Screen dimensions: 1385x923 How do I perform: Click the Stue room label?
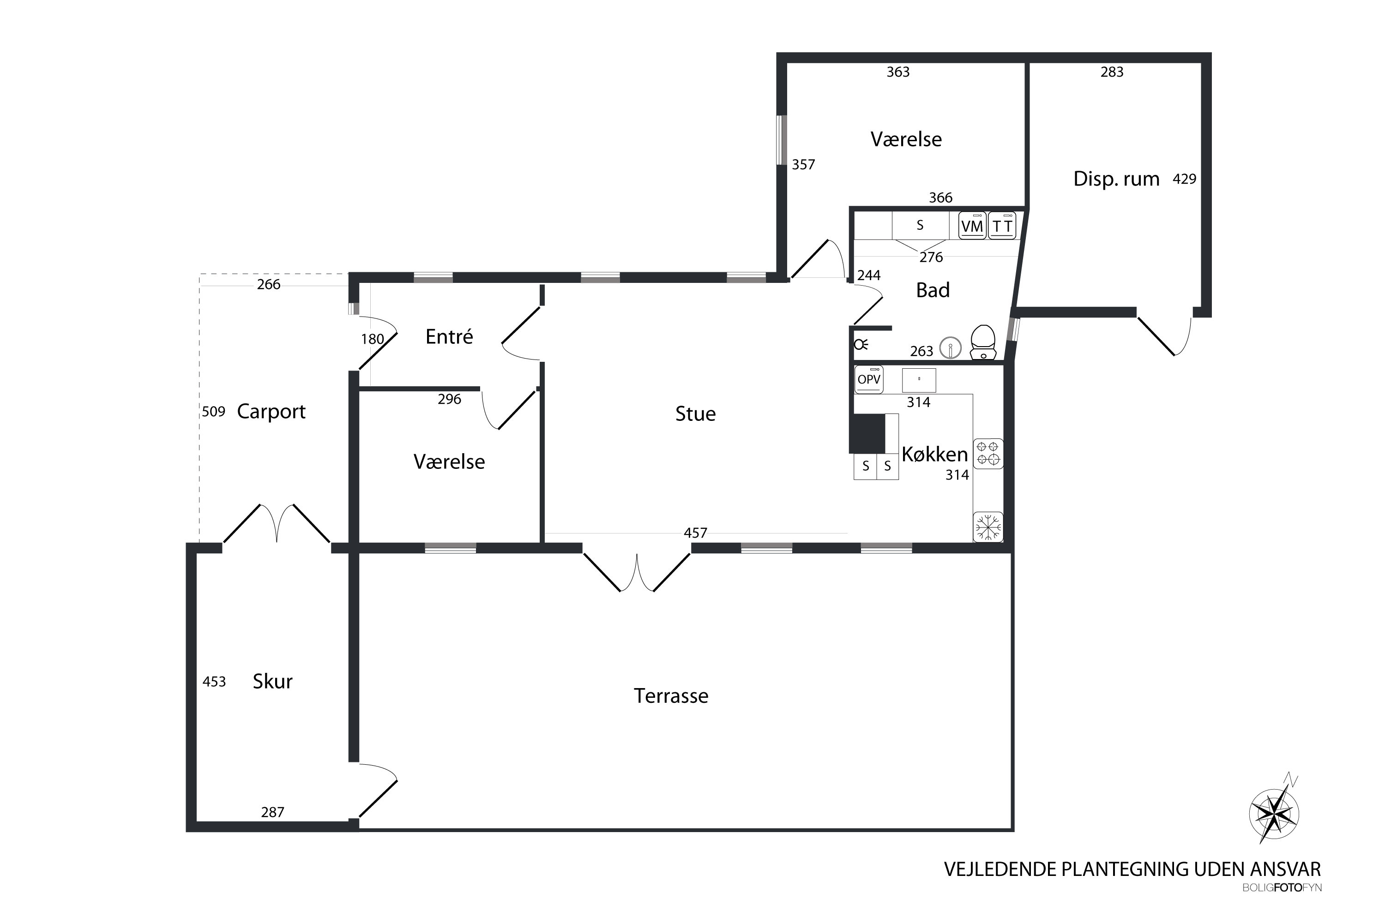pyautogui.click(x=695, y=414)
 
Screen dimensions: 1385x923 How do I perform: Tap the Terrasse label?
pyautogui.click(x=671, y=696)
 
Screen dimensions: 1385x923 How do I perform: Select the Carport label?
pyautogui.click(x=271, y=412)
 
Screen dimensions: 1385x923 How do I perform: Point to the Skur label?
pyautogui.click(x=273, y=681)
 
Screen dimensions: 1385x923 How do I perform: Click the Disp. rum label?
pyautogui.click(x=1116, y=179)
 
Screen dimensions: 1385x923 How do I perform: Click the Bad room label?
pyautogui.click(x=933, y=290)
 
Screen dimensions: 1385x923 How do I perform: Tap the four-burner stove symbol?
pyautogui.click(x=988, y=454)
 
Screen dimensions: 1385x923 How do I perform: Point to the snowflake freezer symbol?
pyautogui.click(x=988, y=527)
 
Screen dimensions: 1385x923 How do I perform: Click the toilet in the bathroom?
pyautogui.click(x=982, y=342)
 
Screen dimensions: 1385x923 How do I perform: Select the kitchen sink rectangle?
pyautogui.click(x=919, y=380)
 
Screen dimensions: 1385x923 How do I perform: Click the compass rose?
pyautogui.click(x=1274, y=815)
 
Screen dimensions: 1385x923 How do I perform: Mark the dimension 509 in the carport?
pyautogui.click(x=214, y=412)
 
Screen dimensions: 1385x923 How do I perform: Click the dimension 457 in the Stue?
pyautogui.click(x=695, y=533)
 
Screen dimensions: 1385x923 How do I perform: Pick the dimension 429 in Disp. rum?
pyautogui.click(x=1184, y=179)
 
